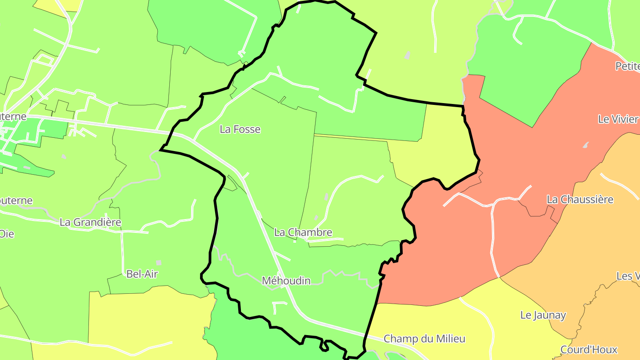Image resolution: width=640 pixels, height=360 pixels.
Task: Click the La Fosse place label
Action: (x=240, y=129)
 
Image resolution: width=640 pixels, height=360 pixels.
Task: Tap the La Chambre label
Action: (x=303, y=232)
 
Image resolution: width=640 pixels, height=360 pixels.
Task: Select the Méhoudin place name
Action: (x=286, y=281)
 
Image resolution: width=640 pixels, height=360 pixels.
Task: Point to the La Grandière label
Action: (x=90, y=222)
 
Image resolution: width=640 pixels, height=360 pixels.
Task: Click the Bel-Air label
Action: (x=142, y=274)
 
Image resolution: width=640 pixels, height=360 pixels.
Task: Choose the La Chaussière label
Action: (x=580, y=200)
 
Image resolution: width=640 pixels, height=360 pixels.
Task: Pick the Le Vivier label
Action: (x=618, y=119)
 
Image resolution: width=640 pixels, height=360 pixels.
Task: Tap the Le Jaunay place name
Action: (x=543, y=316)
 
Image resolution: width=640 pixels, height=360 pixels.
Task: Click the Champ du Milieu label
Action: (x=424, y=339)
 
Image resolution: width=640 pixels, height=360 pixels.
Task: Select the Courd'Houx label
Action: (x=589, y=350)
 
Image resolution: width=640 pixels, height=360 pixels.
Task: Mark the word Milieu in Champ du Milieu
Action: (x=450, y=339)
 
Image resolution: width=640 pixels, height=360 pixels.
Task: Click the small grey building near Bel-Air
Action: (x=159, y=263)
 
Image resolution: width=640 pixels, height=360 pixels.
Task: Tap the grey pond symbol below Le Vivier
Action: (x=586, y=145)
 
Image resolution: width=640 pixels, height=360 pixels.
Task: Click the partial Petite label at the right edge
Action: (x=627, y=66)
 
